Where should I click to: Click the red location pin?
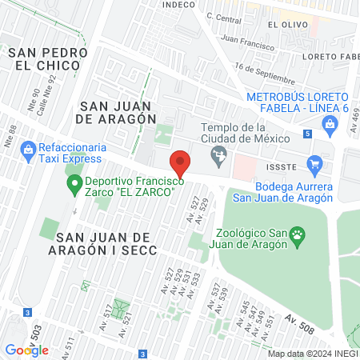pos(181,163)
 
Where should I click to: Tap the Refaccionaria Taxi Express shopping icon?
pos(28,149)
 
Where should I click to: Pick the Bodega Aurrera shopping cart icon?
pos(314,167)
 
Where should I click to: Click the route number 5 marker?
pos(308,134)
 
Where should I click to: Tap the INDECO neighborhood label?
pos(178,5)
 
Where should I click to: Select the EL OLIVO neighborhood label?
pos(284,25)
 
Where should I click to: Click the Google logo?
pos(26,350)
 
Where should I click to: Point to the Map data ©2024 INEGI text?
pos(312,354)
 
